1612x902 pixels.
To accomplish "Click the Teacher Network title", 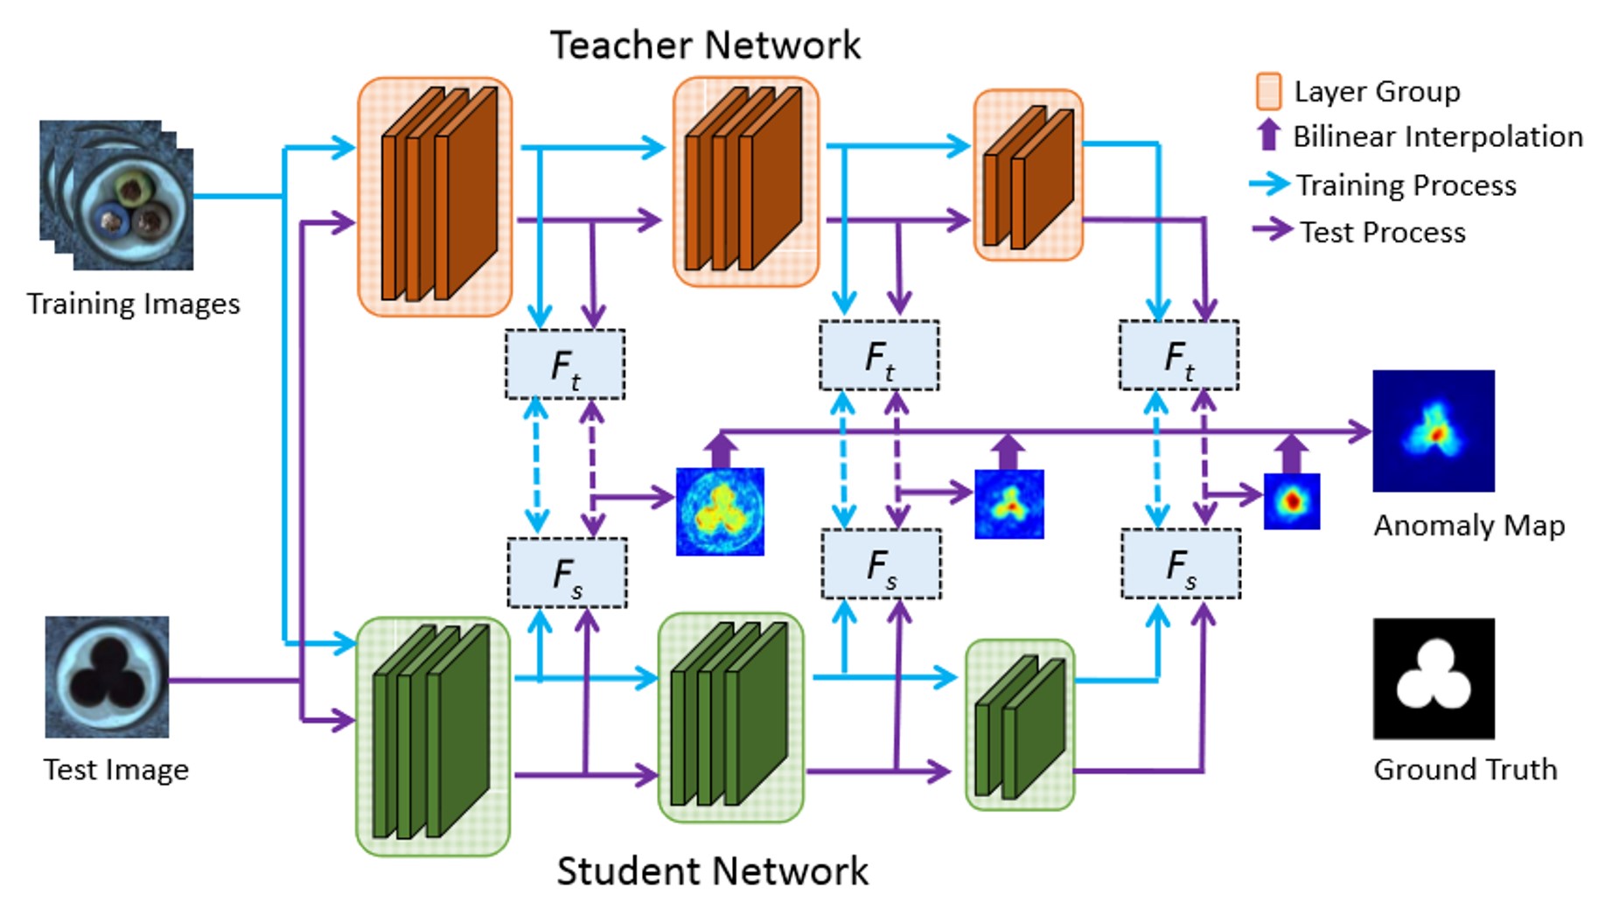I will tap(705, 45).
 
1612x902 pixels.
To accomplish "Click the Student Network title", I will tap(712, 871).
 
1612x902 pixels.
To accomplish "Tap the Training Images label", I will tap(133, 304).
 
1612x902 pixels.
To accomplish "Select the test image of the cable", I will tap(107, 677).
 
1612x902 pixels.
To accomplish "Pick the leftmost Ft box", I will tap(565, 365).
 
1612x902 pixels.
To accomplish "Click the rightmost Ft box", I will tap(1178, 355).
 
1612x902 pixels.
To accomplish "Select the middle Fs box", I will tap(881, 564).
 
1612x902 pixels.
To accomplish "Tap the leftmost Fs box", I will tap(567, 573).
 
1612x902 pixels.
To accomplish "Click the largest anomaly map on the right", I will tap(1433, 430).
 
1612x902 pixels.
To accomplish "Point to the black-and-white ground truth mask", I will tap(1433, 679).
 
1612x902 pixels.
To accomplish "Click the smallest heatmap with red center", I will tap(1291, 501).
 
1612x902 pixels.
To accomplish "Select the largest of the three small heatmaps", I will tap(720, 512).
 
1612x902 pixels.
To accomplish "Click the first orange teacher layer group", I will tap(435, 197).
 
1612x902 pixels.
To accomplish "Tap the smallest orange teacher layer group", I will tap(1028, 175).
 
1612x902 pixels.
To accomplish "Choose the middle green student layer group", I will tap(730, 717).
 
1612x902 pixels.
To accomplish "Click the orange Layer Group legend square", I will tap(1268, 91).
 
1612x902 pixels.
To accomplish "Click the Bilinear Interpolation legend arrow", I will tap(1268, 136).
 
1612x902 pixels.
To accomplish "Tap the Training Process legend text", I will tap(1406, 185).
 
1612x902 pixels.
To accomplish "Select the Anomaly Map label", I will tap(1469, 526).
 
